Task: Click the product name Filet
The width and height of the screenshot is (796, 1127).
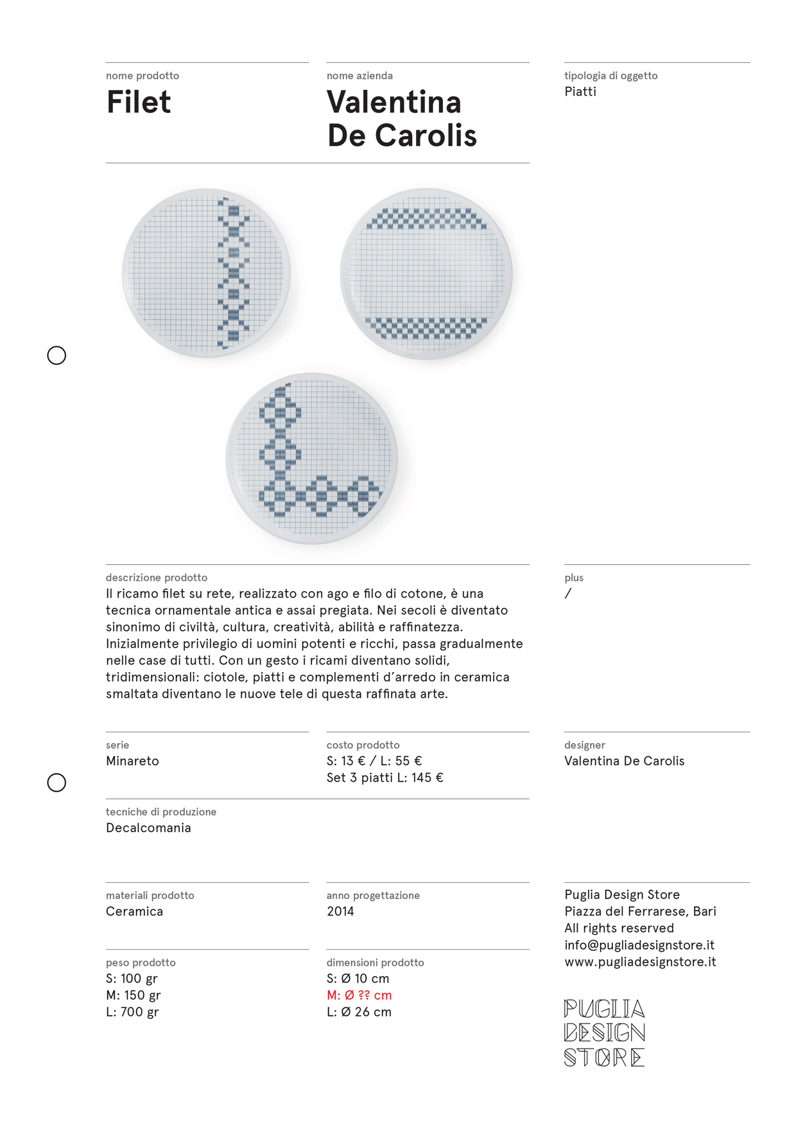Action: pyautogui.click(x=139, y=103)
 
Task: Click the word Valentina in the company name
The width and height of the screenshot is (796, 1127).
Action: pyautogui.click(x=394, y=103)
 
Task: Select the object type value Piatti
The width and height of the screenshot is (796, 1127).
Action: pyautogui.click(x=580, y=92)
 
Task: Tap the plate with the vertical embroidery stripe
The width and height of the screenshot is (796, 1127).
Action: pyautogui.click(x=206, y=273)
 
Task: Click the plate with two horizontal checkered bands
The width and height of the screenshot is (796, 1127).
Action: pyautogui.click(x=426, y=274)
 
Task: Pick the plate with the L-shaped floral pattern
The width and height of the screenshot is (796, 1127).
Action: pyautogui.click(x=312, y=458)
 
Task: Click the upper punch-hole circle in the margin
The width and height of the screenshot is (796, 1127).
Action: pyautogui.click(x=56, y=355)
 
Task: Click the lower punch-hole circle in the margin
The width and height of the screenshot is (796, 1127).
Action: pyautogui.click(x=56, y=783)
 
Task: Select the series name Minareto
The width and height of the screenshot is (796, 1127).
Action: pyautogui.click(x=132, y=761)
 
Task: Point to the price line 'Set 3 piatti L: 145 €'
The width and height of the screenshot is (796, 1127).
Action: pyautogui.click(x=385, y=778)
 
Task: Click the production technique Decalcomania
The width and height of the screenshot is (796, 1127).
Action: pyautogui.click(x=148, y=828)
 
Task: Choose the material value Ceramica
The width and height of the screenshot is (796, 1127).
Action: pyautogui.click(x=134, y=912)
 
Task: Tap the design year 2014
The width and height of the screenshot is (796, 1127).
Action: pyautogui.click(x=340, y=912)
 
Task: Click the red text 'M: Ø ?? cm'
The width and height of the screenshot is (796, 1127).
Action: pyautogui.click(x=359, y=995)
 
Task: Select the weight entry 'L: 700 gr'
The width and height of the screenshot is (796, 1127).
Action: pyautogui.click(x=132, y=1012)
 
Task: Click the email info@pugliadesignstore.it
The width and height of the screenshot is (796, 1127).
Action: pyautogui.click(x=639, y=945)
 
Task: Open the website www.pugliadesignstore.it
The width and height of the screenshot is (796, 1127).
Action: pyautogui.click(x=640, y=962)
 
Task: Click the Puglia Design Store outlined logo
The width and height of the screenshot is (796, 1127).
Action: pyautogui.click(x=604, y=1033)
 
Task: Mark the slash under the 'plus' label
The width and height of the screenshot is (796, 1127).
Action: pyautogui.click(x=568, y=594)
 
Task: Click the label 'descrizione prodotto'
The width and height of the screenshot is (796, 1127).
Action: pyautogui.click(x=157, y=578)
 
